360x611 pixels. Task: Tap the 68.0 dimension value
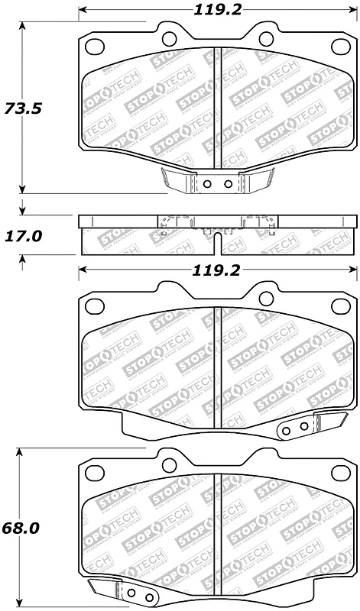pyautogui.click(x=21, y=528)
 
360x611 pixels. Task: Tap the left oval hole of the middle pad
pyautogui.click(x=96, y=306)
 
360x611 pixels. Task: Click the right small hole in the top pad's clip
pyautogui.click(x=227, y=184)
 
